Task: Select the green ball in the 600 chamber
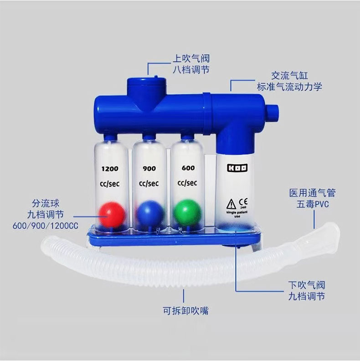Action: [187, 212]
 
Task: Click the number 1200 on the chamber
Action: [110, 169]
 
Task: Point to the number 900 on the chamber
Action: [149, 169]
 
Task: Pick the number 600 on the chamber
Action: [188, 168]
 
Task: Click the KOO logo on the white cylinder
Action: [237, 168]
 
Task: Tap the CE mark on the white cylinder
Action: [243, 201]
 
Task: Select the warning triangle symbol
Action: [231, 204]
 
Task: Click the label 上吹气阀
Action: [191, 58]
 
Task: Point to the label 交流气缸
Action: [289, 76]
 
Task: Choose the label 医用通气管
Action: [312, 193]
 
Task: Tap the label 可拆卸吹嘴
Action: [185, 311]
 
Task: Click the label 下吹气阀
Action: [307, 285]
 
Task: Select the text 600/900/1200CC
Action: [46, 226]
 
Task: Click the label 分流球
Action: [46, 203]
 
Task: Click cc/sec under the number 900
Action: [149, 184]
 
